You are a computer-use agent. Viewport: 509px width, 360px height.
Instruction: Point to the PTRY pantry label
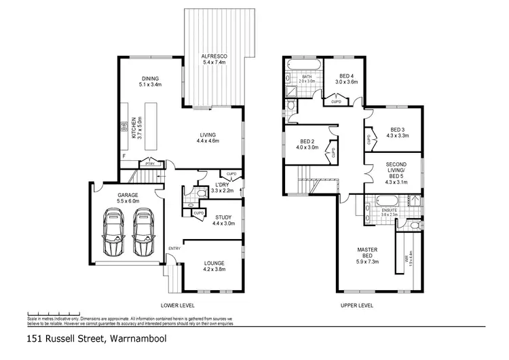pos(149,164)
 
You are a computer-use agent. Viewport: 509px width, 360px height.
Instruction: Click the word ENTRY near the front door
pos(174,247)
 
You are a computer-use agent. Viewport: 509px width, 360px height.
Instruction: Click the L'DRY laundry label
pos(222,188)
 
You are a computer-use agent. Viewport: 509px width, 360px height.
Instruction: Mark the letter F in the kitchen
pos(124,156)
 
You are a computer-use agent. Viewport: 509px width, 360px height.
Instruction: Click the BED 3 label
pos(397,133)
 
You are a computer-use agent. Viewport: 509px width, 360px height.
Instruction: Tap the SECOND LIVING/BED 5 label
pos(396,173)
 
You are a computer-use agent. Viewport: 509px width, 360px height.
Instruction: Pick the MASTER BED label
pos(367,254)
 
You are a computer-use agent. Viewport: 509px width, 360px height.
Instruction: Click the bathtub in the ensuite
pos(381,201)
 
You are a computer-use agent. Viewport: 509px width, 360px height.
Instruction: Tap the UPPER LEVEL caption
pos(357,306)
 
